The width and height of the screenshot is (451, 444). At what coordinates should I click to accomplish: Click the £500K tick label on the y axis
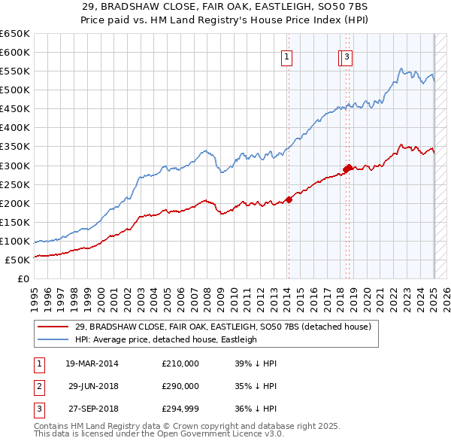15,90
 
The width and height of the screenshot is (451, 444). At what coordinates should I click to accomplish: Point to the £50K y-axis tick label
17,260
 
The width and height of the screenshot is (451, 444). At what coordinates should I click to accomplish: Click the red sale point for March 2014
289,199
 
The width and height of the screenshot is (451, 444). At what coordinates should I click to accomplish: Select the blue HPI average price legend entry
166,339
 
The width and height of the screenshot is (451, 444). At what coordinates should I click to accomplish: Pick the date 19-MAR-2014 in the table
92,363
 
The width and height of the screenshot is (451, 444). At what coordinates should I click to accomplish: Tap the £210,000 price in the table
180,363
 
